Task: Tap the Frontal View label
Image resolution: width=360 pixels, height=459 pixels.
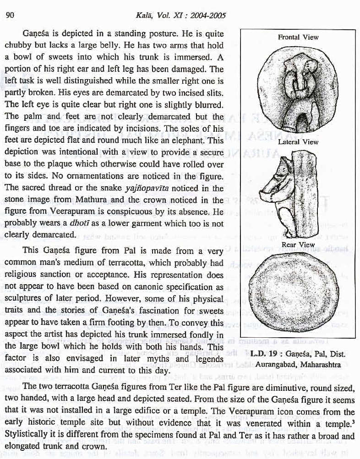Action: tap(298, 37)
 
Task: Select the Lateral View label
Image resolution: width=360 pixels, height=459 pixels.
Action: tap(298, 142)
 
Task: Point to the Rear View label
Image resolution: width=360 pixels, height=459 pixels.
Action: tap(298, 245)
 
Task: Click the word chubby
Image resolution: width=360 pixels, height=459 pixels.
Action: tap(17, 46)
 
